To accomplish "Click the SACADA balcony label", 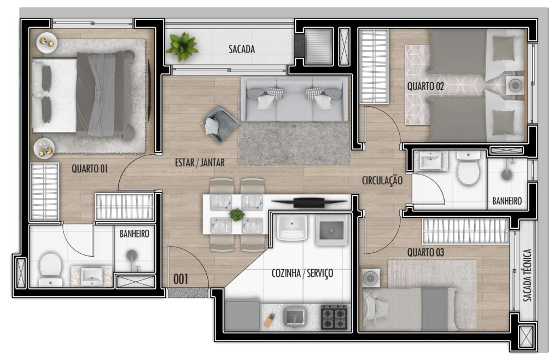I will (241, 49).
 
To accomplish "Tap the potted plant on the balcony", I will (182, 46).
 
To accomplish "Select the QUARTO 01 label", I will (89, 169).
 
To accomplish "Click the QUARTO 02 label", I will (425, 86).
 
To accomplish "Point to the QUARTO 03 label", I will (425, 253).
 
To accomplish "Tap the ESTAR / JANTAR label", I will (199, 162).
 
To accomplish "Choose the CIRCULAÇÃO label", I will (382, 180).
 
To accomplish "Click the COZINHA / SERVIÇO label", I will (302, 273).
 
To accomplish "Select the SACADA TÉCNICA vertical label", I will (527, 276).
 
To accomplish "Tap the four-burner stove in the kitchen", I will (334, 317).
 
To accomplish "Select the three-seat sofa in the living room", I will (295, 99).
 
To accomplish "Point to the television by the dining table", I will (304, 202).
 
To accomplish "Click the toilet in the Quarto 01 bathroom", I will (51, 269).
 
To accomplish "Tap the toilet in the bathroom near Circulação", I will (469, 169).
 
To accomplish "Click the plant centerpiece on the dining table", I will (236, 214).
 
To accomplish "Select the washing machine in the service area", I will (331, 229).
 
